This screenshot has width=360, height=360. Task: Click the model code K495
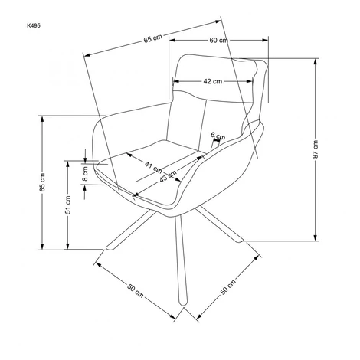point(34,25)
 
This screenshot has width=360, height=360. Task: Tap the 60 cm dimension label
point(218,41)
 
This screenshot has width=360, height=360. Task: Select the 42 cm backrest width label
point(213,81)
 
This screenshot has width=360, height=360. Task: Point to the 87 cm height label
point(316,149)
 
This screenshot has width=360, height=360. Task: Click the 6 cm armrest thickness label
point(218,136)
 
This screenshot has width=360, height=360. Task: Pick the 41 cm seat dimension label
point(153,167)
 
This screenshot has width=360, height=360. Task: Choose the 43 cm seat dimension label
point(168,175)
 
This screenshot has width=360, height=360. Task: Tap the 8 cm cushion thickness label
point(85,174)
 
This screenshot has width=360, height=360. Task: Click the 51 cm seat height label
point(67,205)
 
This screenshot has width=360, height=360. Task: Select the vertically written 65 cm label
point(42,182)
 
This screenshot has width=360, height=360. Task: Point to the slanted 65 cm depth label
point(152,38)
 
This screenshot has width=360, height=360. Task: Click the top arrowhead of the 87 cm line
point(316,61)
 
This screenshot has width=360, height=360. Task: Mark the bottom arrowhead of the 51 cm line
point(67,246)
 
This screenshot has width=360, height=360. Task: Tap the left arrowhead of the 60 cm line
point(172,40)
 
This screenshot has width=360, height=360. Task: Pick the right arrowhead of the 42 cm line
point(250,81)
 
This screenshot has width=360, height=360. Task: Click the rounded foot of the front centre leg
point(183,303)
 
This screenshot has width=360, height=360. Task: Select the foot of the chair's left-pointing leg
point(110,247)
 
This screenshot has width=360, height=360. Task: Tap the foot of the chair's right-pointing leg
point(240,240)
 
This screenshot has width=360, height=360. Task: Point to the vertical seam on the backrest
point(202,126)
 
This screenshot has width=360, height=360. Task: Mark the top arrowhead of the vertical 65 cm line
point(42,119)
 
